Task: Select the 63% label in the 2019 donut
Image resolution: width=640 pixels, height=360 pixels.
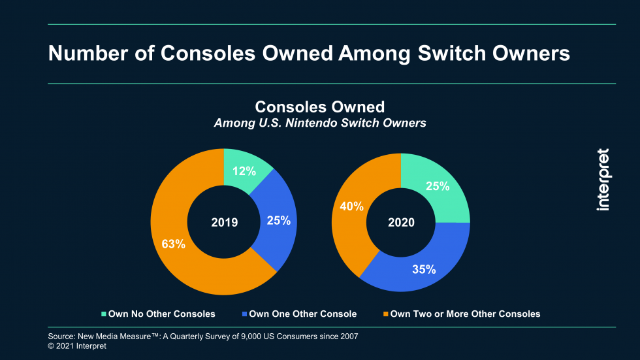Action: (x=173, y=244)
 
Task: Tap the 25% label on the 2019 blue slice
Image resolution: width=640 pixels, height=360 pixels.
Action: (x=278, y=221)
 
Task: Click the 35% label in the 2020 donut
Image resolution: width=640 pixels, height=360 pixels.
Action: (x=424, y=269)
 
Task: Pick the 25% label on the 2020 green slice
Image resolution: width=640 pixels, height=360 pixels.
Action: (x=438, y=186)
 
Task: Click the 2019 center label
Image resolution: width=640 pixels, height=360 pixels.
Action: (x=225, y=222)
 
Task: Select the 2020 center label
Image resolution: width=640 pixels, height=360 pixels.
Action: (x=401, y=222)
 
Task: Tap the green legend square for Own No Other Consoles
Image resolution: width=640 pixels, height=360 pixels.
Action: (x=103, y=314)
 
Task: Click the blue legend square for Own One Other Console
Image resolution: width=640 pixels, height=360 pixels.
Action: (x=244, y=314)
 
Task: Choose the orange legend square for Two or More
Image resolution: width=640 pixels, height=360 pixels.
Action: (x=385, y=314)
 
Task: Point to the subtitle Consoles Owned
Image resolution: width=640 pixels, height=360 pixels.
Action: (x=319, y=106)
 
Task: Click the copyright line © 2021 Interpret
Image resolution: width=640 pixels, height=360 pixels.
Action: (x=77, y=346)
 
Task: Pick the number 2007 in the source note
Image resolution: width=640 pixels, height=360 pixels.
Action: (x=347, y=336)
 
